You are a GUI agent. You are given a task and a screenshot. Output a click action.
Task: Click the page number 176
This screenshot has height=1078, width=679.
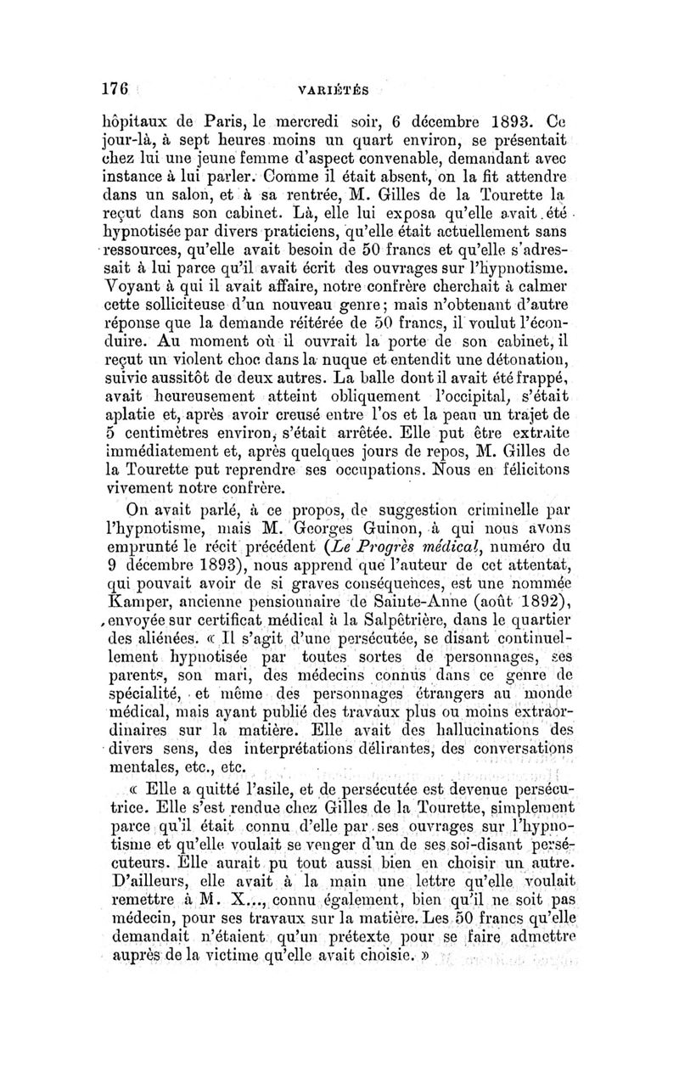click(115, 88)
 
